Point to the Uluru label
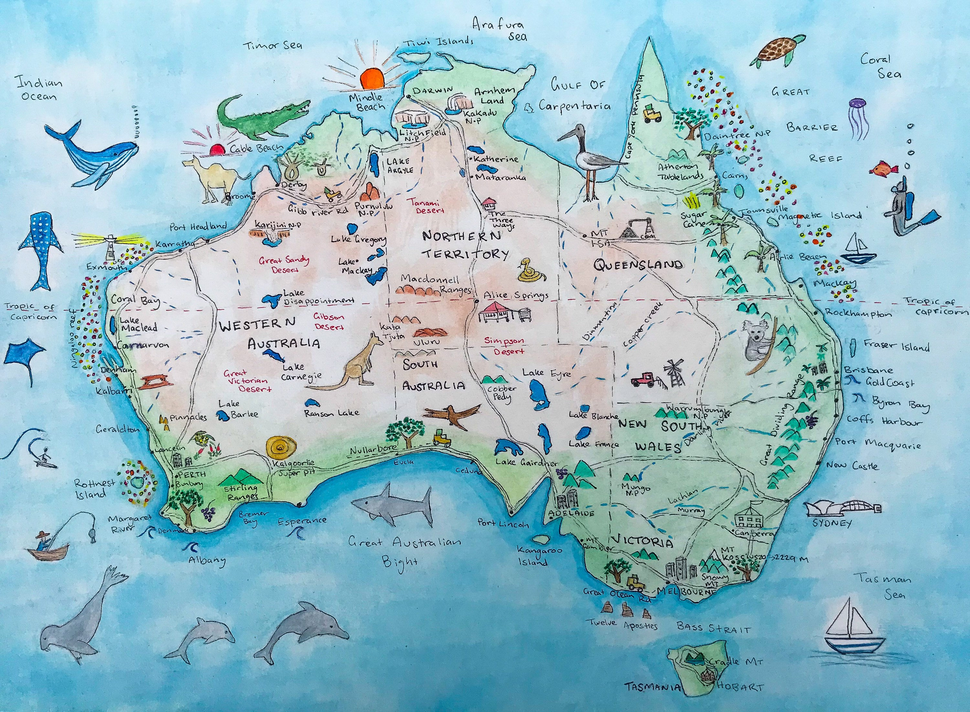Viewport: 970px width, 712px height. click(426, 342)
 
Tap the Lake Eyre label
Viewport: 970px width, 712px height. click(546, 373)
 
